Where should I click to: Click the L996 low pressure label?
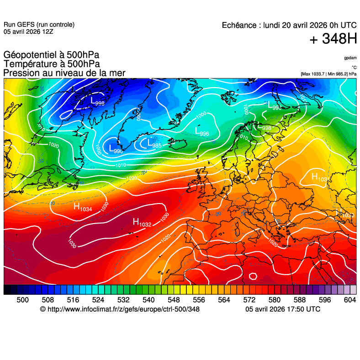click(x=202, y=132)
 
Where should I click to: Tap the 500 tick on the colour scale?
click(x=23, y=300)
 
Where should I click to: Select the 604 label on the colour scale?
click(x=350, y=300)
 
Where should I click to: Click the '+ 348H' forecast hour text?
click(x=333, y=39)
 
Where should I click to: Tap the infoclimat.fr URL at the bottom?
click(x=120, y=309)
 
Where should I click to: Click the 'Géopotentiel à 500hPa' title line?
click(x=51, y=56)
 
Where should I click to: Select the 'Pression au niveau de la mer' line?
click(x=64, y=73)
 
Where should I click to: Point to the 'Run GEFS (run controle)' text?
click(x=39, y=25)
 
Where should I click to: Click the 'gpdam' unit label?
click(x=350, y=58)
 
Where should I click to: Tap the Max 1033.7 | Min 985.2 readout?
click(x=328, y=73)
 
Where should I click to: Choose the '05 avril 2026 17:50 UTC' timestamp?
click(x=283, y=309)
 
